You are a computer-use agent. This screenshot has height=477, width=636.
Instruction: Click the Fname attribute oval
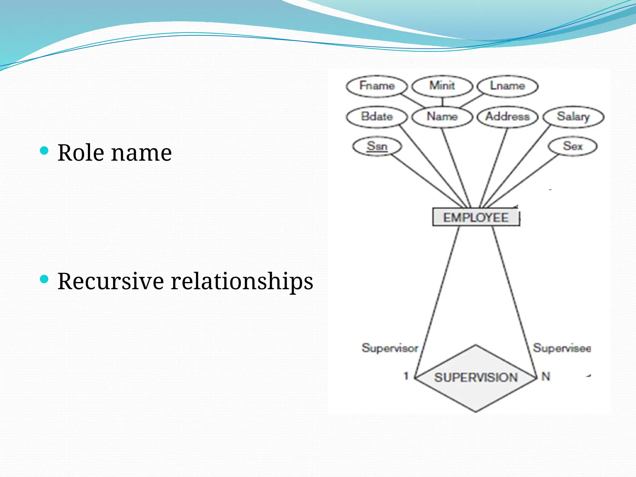(376, 86)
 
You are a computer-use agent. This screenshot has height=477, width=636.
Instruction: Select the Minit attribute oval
(442, 86)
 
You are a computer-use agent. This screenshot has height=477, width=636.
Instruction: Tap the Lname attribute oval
(507, 86)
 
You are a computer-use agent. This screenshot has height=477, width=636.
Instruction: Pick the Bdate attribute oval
(376, 117)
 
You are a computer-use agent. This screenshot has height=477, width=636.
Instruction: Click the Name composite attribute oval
(442, 117)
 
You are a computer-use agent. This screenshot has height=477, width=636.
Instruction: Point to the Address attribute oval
(507, 117)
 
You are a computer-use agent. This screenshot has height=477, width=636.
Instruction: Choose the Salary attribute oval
(573, 117)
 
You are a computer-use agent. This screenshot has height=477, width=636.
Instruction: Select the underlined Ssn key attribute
(377, 146)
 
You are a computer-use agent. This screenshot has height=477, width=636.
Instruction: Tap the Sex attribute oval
(573, 146)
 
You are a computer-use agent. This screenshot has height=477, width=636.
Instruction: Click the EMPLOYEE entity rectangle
(475, 217)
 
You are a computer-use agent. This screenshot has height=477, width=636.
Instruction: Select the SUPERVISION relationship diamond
(475, 378)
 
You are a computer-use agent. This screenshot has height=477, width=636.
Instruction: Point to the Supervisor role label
(390, 348)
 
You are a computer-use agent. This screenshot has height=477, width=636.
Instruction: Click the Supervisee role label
(562, 348)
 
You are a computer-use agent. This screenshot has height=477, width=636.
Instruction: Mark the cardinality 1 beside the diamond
(406, 376)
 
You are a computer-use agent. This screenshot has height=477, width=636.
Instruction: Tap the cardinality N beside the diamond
(546, 376)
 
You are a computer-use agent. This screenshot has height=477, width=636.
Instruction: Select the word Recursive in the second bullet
(111, 281)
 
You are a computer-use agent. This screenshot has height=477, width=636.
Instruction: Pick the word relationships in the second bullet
(242, 281)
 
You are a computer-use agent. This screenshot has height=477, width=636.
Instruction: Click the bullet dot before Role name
(44, 151)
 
